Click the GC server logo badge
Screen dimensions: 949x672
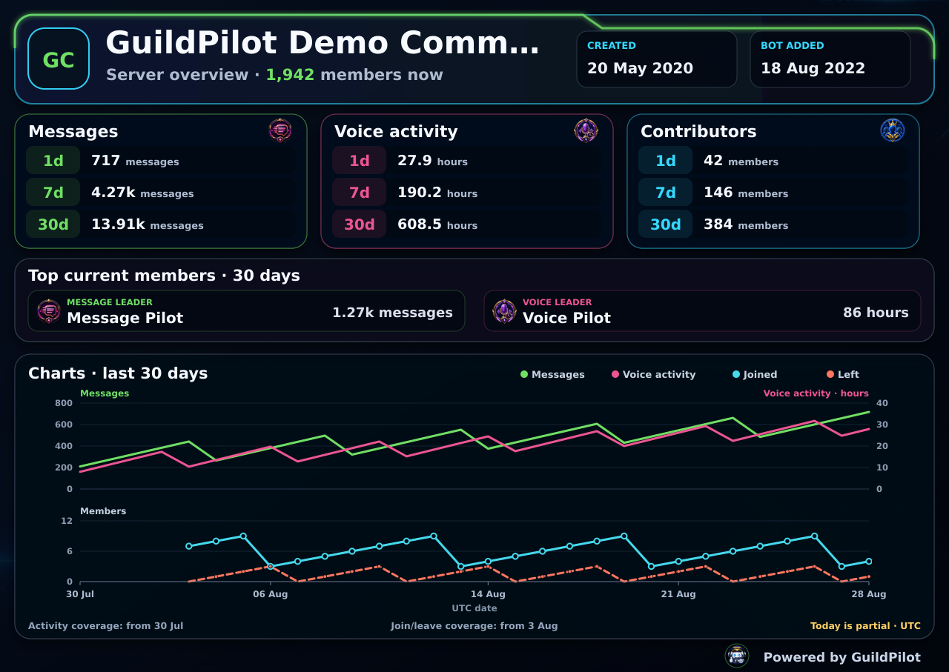(59, 59)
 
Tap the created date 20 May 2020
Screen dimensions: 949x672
(640, 68)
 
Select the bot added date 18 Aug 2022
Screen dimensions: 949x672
(813, 68)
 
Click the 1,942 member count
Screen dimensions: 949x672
(290, 75)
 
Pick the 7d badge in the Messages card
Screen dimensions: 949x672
(53, 192)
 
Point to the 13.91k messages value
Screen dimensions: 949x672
(147, 224)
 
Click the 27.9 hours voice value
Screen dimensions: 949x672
(432, 161)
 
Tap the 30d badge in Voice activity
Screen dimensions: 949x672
(360, 224)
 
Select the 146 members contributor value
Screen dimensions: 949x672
(746, 193)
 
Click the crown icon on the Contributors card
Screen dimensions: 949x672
(892, 130)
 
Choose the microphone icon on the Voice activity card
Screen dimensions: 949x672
(586, 130)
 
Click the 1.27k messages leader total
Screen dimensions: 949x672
(392, 313)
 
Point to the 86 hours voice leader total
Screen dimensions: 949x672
(876, 313)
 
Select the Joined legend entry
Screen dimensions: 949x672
(755, 374)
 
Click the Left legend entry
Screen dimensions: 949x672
(843, 374)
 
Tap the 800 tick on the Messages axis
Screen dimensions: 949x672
(64, 403)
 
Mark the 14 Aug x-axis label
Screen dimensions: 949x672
(488, 594)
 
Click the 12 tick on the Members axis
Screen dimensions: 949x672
(67, 521)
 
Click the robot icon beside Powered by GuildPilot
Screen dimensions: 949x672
(737, 656)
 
